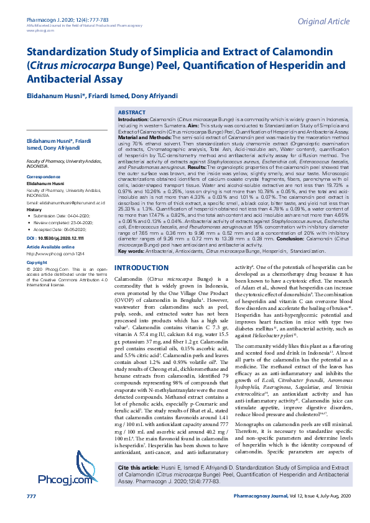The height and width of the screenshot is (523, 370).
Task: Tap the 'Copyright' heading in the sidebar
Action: [37, 263]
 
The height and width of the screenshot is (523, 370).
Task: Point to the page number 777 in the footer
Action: [31, 514]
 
